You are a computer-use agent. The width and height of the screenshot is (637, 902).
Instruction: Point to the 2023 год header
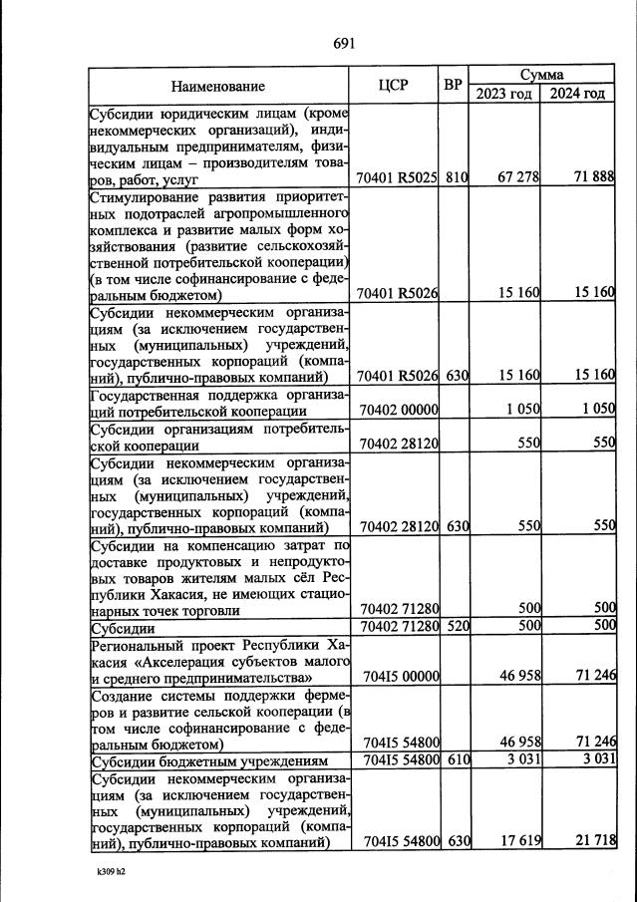[x=503, y=94]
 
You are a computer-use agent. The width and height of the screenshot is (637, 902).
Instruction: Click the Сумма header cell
[x=541, y=75]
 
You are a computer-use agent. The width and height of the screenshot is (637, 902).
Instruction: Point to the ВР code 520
[x=457, y=626]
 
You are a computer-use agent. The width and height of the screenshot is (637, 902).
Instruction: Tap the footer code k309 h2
[x=111, y=870]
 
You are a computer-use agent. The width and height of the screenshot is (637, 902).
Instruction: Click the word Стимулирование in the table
[x=143, y=196]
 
